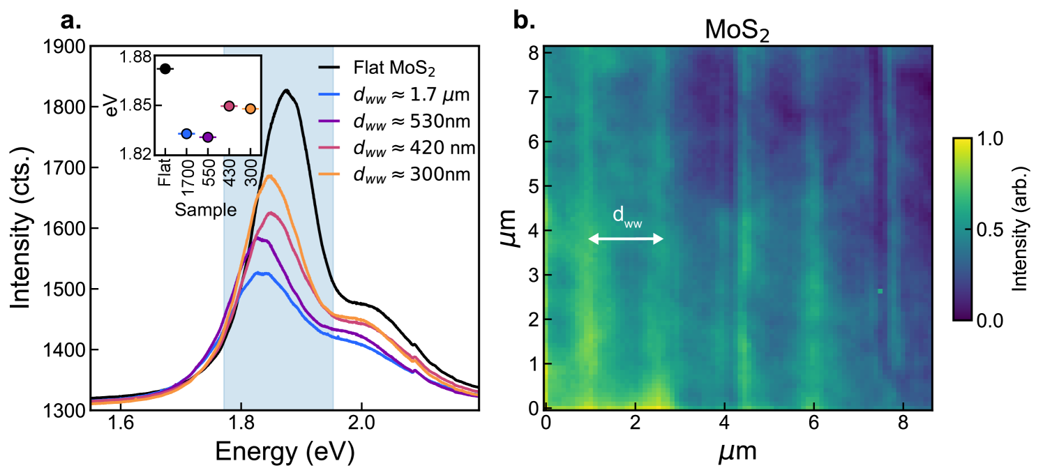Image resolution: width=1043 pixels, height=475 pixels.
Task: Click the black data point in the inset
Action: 165,68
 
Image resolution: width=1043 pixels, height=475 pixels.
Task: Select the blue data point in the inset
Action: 186,133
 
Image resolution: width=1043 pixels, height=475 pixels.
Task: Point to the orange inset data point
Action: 250,109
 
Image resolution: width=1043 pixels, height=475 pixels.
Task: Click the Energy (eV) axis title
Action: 285,453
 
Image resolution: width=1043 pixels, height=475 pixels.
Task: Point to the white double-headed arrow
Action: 625,239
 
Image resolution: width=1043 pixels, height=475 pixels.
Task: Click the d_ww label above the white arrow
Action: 626,216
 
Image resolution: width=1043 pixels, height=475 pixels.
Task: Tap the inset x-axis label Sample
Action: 205,209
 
